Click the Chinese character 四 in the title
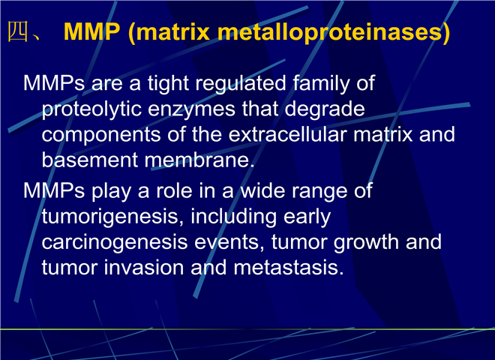tap(18, 31)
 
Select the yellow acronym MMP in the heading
tap(91, 31)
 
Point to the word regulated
tap(241, 84)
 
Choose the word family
tap(322, 84)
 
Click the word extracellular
tap(287, 134)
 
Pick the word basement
tap(90, 160)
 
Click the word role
tap(175, 191)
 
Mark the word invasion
tap(144, 268)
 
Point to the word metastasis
tap(289, 268)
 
